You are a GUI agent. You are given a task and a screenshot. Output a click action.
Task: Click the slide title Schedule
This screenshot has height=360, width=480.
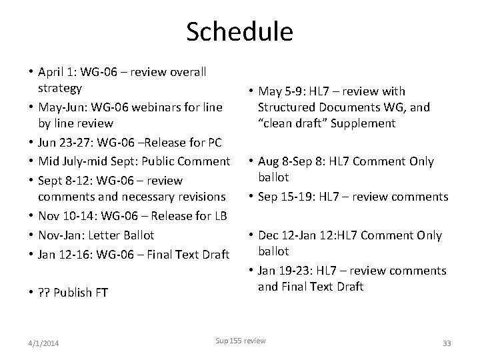click(239, 31)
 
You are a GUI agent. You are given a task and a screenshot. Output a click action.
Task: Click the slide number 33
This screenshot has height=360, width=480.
click(447, 343)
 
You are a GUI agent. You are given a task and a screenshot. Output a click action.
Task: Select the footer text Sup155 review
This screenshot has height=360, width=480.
click(240, 341)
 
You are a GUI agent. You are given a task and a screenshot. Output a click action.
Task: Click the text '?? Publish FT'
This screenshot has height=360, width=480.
click(73, 291)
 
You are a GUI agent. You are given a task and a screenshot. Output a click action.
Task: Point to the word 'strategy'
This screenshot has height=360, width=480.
click(59, 88)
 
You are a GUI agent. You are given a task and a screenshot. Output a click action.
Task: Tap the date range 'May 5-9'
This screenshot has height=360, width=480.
click(281, 91)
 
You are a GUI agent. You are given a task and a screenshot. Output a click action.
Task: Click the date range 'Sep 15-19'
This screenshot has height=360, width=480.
click(289, 196)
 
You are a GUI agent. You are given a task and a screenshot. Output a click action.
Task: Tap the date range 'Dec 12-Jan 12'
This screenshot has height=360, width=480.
click(302, 235)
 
